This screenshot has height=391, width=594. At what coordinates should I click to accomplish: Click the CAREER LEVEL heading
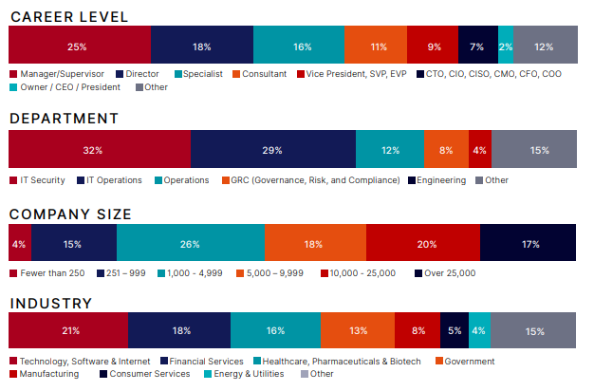click(69, 17)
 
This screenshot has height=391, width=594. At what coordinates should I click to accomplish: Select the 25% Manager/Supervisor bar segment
click(79, 46)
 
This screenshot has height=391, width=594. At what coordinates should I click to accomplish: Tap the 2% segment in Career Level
click(506, 46)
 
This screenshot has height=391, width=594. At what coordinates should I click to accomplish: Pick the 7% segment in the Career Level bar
click(478, 46)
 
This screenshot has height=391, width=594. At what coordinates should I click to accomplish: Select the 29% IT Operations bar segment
click(273, 150)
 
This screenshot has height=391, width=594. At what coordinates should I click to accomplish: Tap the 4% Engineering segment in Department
click(480, 150)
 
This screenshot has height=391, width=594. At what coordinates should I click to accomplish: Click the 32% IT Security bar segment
click(100, 150)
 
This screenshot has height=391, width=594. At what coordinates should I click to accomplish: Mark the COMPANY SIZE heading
click(84, 214)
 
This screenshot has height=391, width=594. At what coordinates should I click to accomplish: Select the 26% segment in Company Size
click(191, 244)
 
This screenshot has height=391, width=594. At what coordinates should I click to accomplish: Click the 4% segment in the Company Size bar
click(20, 244)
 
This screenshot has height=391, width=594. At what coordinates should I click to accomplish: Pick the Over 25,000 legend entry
click(445, 273)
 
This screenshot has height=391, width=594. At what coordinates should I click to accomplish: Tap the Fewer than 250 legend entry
click(51, 273)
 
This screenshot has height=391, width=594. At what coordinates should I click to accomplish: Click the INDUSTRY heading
click(51, 304)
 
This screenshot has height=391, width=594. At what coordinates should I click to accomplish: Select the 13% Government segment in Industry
click(357, 331)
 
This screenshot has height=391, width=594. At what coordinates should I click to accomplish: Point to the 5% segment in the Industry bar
click(455, 331)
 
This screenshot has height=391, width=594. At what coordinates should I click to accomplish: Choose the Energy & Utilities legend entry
click(245, 374)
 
